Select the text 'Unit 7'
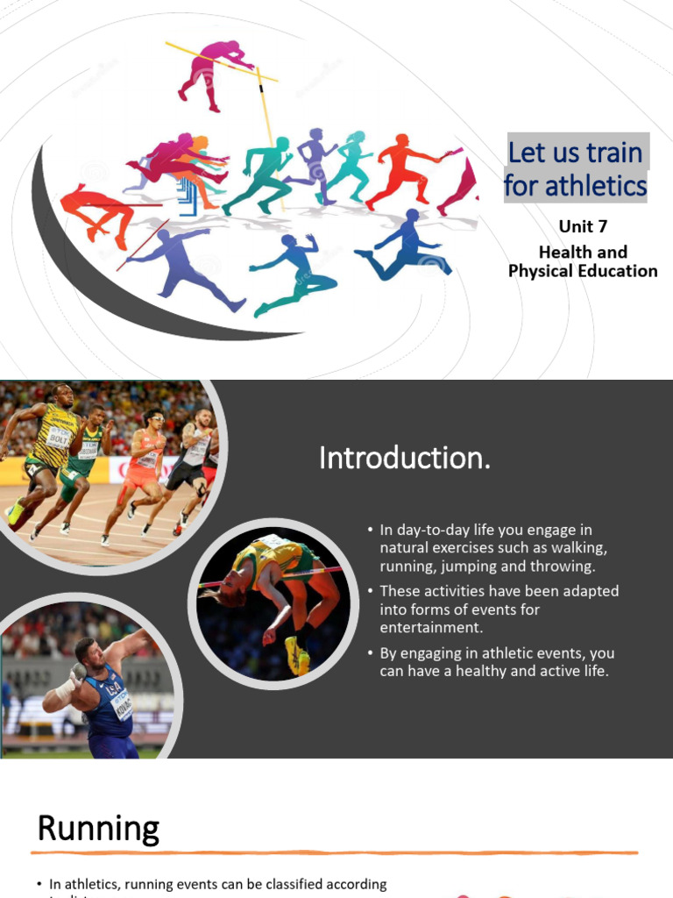pos(583,226)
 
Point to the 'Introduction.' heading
pos(404,457)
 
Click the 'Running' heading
pos(98,828)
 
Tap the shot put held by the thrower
pos(79,672)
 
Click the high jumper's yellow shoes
pos(297,656)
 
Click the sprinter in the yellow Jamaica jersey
pos(48,447)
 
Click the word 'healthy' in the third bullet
pos(478,671)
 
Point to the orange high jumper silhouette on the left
pos(96,210)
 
